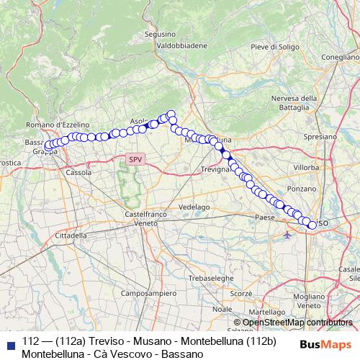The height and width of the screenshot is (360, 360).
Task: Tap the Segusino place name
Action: click(x=160, y=34)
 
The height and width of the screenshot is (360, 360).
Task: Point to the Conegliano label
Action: click(x=341, y=57)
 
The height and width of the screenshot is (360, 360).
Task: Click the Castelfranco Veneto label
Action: click(x=145, y=219)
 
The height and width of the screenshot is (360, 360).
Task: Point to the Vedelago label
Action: click(x=193, y=206)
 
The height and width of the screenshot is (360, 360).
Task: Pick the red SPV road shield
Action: click(x=135, y=159)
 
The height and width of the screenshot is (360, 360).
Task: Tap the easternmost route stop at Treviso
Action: click(x=312, y=225)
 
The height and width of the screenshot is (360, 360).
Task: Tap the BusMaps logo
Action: click(x=325, y=343)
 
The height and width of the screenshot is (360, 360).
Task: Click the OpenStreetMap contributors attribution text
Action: click(x=297, y=323)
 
